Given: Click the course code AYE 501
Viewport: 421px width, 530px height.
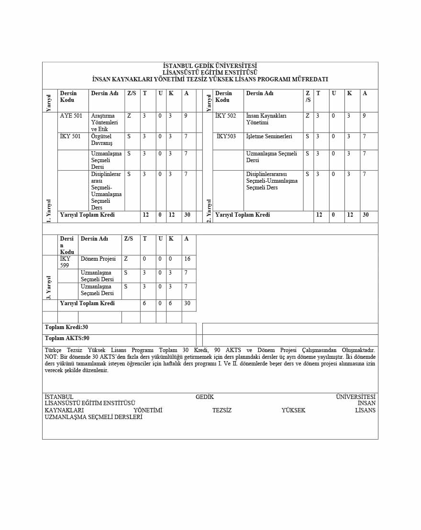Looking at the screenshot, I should click(71, 116).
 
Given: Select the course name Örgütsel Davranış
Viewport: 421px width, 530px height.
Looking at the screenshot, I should click(101, 140).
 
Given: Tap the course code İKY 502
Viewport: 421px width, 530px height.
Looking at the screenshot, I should click(225, 116).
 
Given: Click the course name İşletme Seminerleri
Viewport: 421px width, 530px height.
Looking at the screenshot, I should click(269, 136).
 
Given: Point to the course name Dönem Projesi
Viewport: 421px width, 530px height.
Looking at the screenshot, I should click(98, 259).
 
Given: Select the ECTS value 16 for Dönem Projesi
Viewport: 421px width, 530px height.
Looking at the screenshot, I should click(187, 259).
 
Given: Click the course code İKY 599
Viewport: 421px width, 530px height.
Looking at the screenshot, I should click(65, 262).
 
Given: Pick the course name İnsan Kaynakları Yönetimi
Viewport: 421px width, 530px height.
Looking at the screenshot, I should click(266, 119).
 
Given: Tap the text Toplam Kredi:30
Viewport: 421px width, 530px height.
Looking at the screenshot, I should click(66, 327).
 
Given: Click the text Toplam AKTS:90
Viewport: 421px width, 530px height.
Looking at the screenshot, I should click(67, 338).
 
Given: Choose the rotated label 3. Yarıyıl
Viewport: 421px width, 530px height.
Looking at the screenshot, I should click(49, 287).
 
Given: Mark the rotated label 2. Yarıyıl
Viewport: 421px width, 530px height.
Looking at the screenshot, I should click(208, 210).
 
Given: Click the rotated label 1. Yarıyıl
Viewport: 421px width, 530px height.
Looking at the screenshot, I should click(49, 210).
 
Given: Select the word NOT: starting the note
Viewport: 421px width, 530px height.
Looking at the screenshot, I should click(51, 357).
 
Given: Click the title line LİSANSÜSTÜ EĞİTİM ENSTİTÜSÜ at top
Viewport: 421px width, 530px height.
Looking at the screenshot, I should click(210, 72).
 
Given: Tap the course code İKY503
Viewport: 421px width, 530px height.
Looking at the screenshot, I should click(226, 136).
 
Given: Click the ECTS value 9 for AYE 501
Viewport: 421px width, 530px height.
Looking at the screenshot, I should click(186, 116).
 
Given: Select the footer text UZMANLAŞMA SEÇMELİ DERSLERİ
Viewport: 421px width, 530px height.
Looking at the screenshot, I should click(93, 417).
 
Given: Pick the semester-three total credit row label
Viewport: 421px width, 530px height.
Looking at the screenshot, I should click(87, 303).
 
